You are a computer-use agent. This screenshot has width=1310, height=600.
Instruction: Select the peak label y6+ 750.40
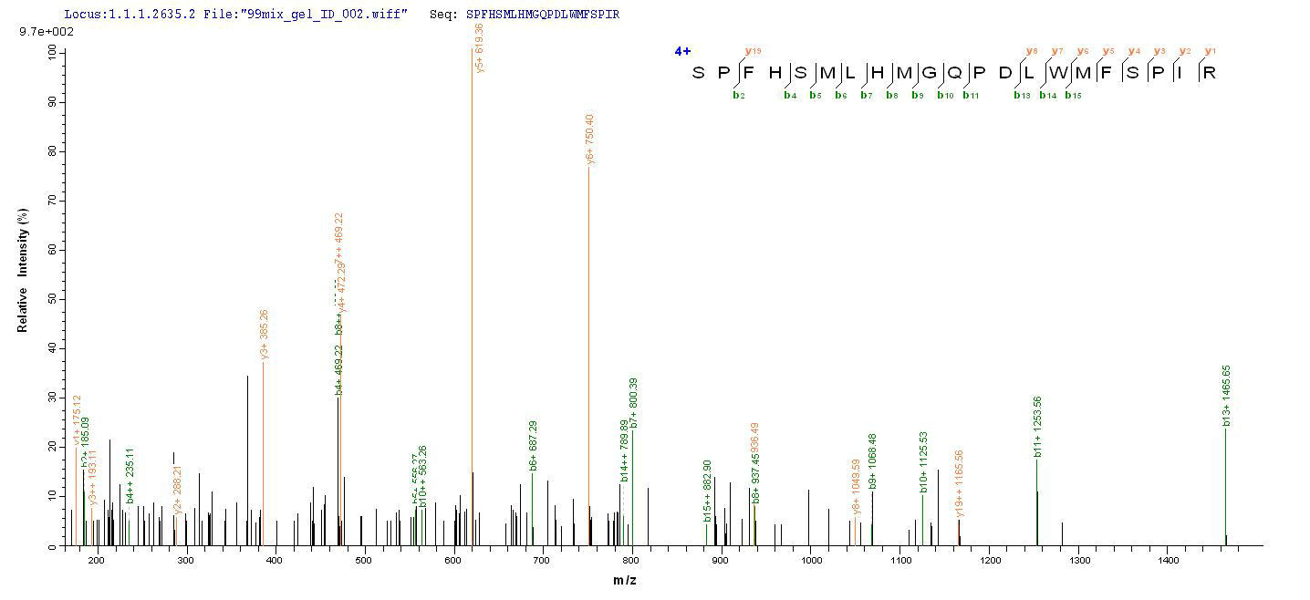(591, 140)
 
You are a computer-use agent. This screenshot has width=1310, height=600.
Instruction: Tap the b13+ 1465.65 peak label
(1227, 396)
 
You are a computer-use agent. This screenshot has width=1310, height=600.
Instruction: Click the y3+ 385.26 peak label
(265, 335)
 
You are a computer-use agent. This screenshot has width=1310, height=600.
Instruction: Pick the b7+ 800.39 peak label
(634, 403)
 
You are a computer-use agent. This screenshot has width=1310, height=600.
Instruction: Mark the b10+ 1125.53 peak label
(923, 462)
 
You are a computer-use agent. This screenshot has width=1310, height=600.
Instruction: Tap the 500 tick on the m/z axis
(363, 560)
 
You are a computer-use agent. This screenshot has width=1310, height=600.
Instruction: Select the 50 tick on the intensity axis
(50, 299)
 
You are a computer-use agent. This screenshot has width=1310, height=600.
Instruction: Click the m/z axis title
(625, 581)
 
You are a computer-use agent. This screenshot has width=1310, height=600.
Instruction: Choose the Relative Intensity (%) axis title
(22, 270)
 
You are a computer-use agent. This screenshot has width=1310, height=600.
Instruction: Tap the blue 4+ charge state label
(682, 51)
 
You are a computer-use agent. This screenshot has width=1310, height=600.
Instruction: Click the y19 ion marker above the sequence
(753, 51)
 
